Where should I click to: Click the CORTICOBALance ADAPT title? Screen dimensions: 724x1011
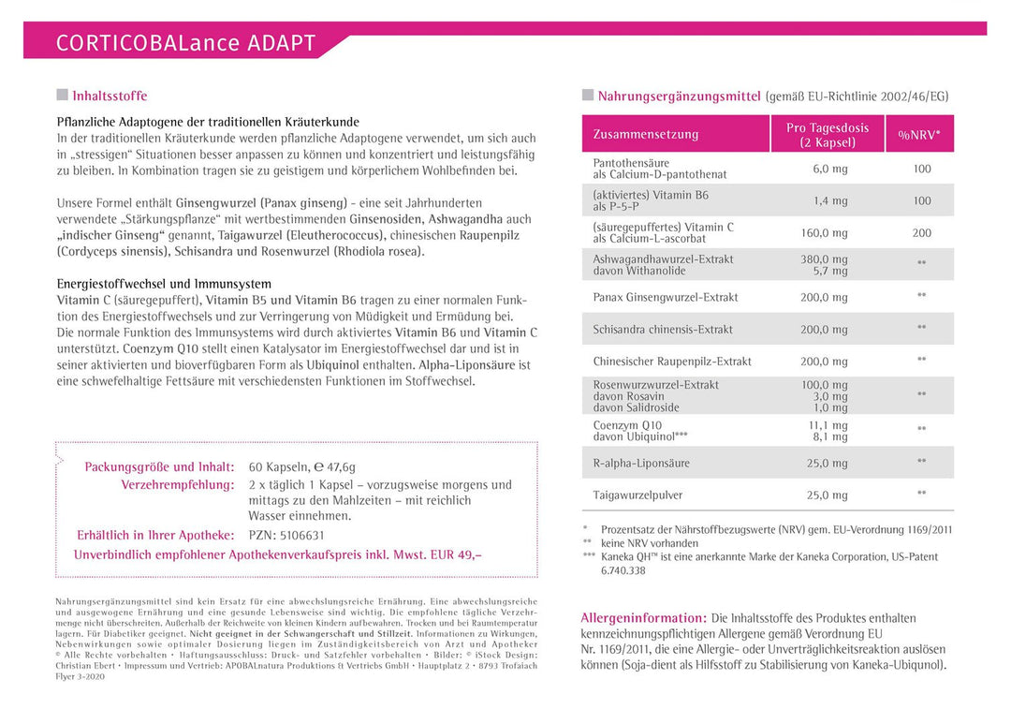point(185,43)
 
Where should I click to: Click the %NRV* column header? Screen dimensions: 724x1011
point(919,134)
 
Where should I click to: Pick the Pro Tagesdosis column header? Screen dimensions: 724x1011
point(827,135)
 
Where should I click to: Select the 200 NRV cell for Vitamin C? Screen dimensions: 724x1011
point(921,233)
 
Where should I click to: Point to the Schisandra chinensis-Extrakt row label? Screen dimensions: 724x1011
point(663,330)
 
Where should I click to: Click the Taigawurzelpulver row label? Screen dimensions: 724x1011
point(637,495)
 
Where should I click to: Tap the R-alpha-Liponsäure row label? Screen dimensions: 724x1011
point(641,463)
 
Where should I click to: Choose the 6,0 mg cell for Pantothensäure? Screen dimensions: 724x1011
point(829,169)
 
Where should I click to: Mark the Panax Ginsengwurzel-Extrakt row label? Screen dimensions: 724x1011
point(666,297)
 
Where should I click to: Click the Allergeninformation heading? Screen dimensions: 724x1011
point(643,618)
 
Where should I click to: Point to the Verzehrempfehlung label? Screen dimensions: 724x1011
point(177,484)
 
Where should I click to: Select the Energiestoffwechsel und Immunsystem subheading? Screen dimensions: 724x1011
point(164,284)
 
